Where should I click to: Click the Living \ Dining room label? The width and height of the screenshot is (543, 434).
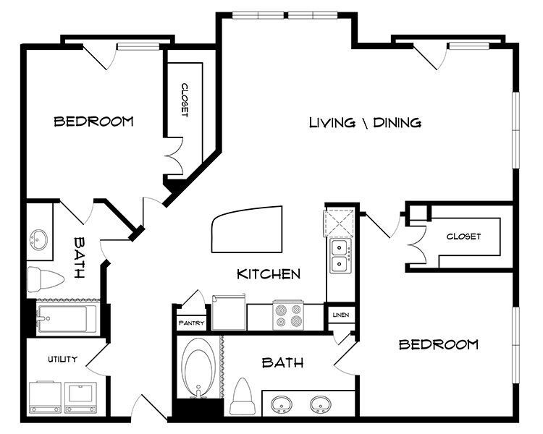(365, 122)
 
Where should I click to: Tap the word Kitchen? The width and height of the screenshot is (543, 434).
(269, 274)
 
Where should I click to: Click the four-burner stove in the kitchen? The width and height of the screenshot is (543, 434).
(287, 315)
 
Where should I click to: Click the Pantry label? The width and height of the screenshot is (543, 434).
(191, 323)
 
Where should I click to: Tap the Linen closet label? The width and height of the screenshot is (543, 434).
(340, 315)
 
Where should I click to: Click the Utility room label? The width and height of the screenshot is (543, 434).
(63, 359)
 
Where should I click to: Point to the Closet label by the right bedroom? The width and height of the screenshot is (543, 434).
(463, 237)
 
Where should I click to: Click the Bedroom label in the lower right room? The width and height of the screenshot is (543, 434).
(439, 344)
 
